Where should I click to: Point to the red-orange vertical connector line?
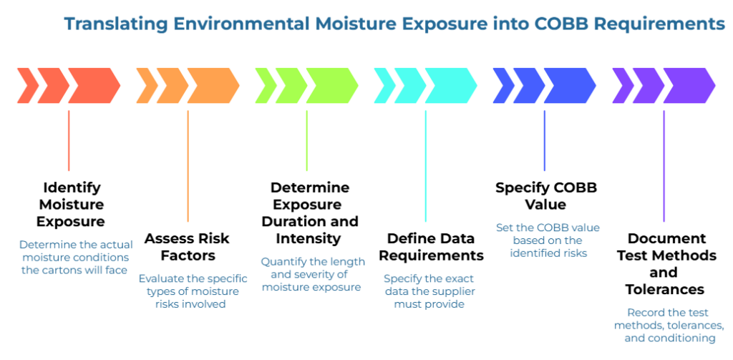pos(69,140)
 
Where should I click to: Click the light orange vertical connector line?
pos(188,165)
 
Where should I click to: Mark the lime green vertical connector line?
pos(306,140)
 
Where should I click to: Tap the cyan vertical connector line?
pos(426,165)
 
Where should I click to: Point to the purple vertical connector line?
pos(664,165)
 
